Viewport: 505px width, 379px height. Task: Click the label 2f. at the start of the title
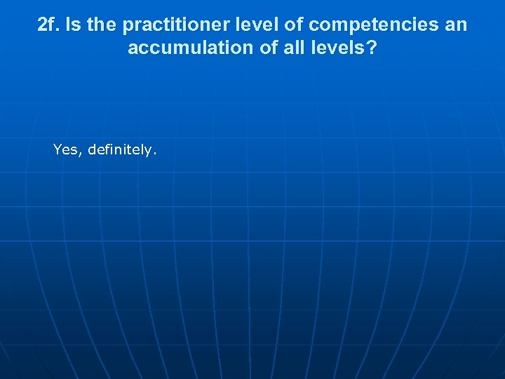pyautogui.click(x=49, y=26)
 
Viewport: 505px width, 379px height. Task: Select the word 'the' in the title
pyautogui.click(x=103, y=26)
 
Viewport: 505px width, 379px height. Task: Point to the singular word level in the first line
pyautogui.click(x=238, y=26)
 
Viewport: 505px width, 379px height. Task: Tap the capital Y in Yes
pyautogui.click(x=58, y=149)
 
